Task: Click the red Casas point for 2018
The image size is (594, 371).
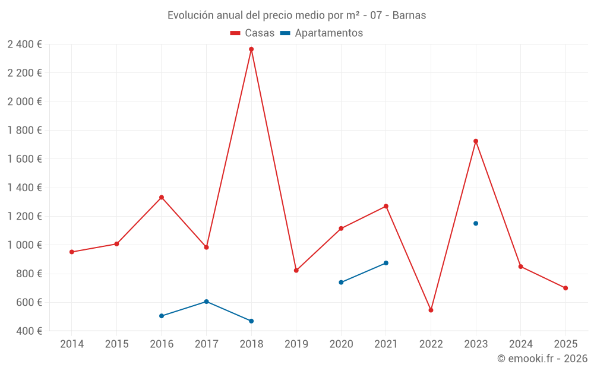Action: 251,49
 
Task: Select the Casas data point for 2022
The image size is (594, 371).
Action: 431,310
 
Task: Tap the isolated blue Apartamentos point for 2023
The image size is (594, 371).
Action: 476,223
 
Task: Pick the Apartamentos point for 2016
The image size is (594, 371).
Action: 162,316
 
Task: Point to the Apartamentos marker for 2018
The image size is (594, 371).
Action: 251,321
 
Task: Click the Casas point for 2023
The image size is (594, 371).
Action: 476,141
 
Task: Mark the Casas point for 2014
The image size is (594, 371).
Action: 72,252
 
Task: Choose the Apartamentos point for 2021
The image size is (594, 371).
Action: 386,263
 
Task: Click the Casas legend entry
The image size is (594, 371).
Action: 252,33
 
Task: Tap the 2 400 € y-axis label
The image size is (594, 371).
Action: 24,44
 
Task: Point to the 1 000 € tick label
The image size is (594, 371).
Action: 24,245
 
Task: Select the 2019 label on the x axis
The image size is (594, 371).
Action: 296,344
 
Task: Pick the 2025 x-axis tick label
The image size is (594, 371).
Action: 565,344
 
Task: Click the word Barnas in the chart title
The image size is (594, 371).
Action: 410,15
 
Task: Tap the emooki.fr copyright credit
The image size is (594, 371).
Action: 542,359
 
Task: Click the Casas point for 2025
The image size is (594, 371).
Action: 565,288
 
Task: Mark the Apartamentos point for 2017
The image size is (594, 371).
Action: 206,302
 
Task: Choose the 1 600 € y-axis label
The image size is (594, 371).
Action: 24,158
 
